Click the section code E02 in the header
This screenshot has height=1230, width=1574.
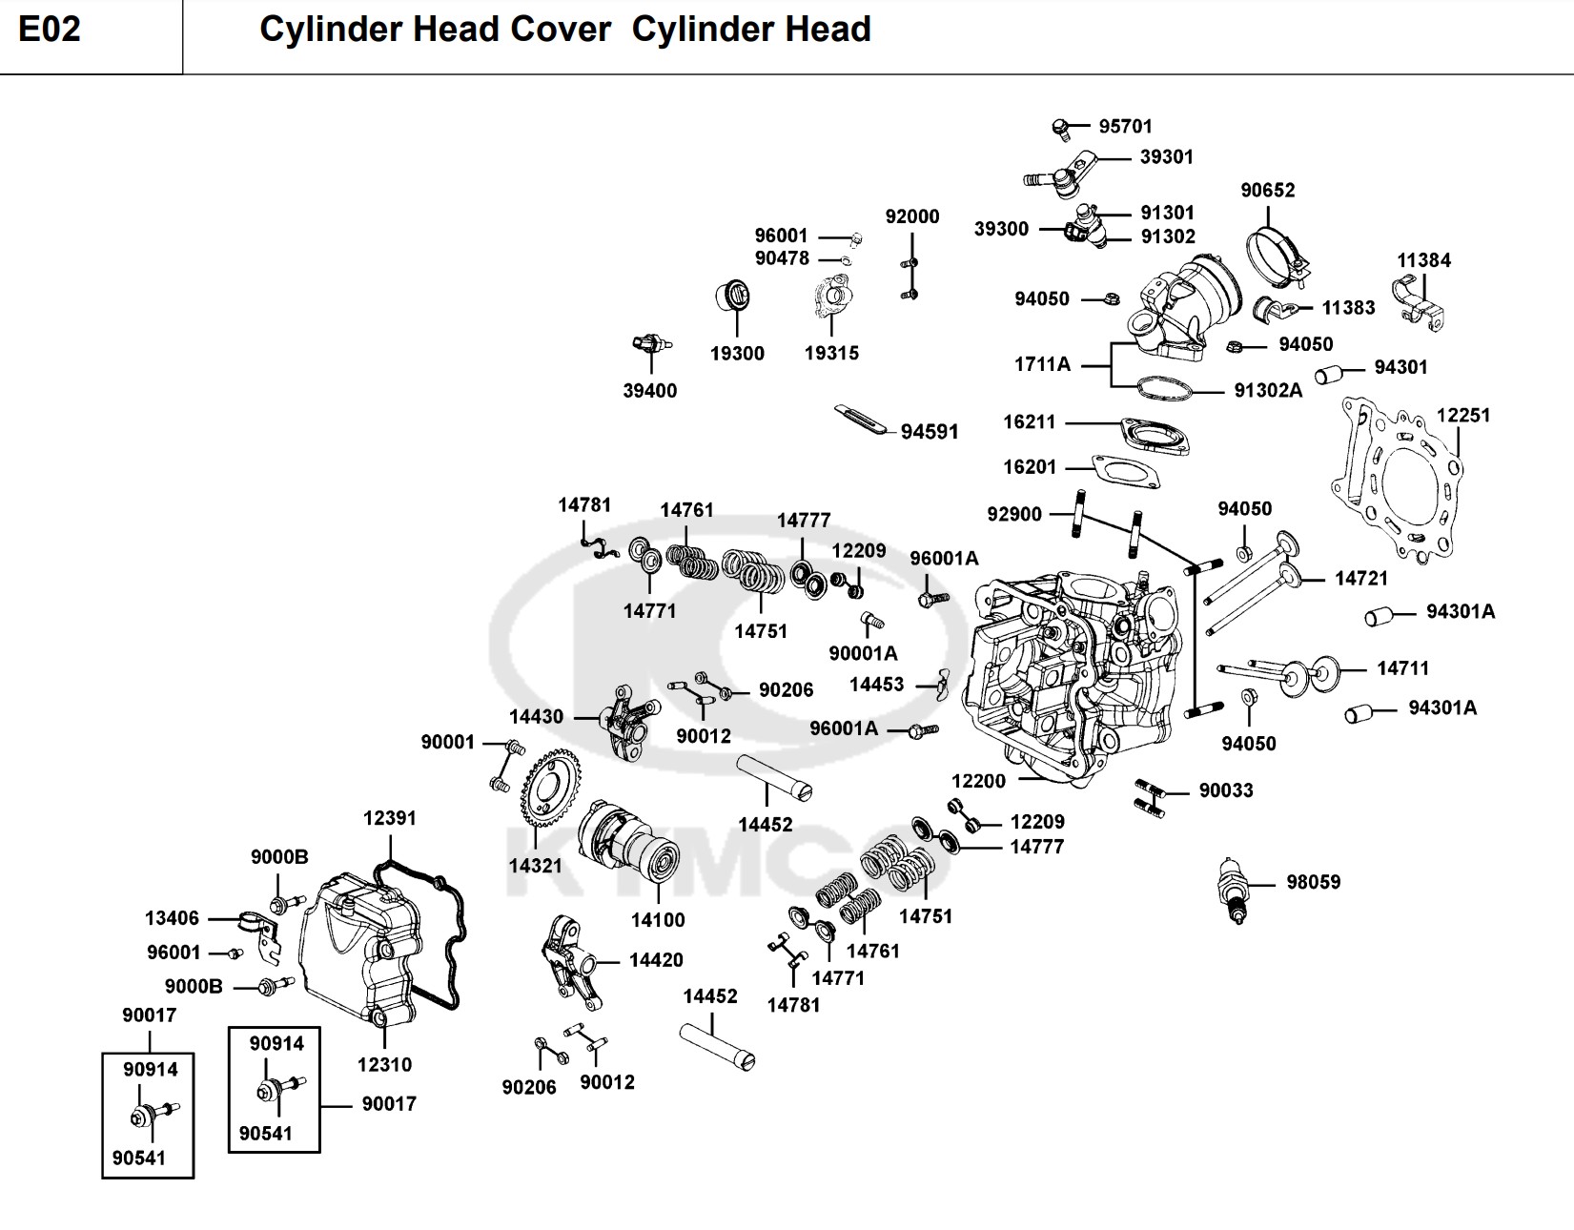pos(50,30)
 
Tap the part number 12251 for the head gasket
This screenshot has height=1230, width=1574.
pos(1462,416)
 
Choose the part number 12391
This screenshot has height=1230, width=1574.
pos(389,818)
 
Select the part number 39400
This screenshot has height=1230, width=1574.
pos(649,391)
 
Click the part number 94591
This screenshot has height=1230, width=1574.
pos(929,432)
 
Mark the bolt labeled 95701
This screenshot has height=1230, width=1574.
pos(1060,126)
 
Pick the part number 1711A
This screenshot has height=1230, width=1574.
pos(1042,364)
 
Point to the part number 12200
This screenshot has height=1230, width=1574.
pos(978,781)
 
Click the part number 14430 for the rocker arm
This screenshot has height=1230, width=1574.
pos(536,717)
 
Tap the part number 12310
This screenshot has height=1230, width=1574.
pos(384,1065)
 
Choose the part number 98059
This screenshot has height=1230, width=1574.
pos(1313,882)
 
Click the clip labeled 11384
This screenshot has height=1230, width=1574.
pos(1421,297)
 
